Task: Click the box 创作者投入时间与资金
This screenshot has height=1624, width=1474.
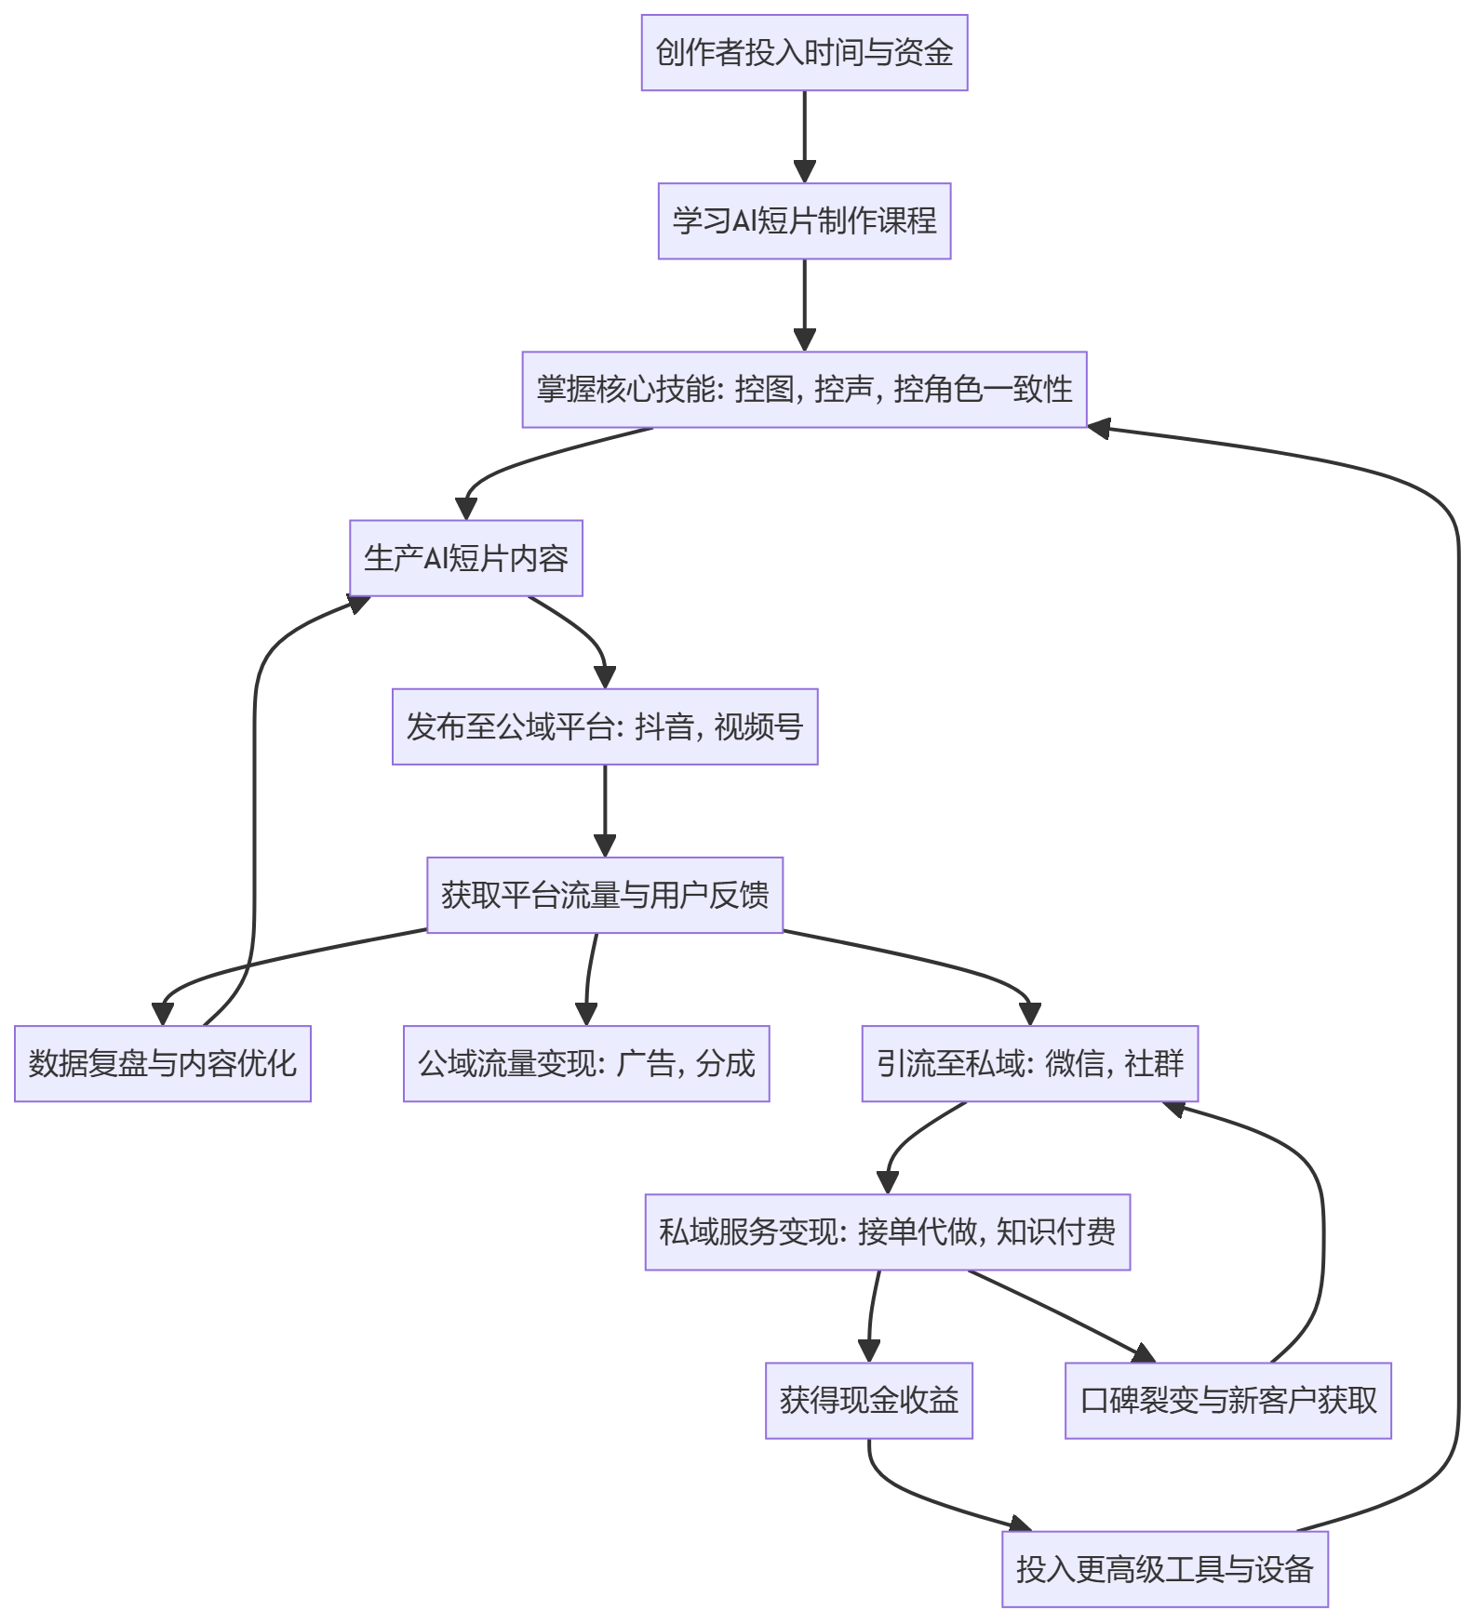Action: pos(804,52)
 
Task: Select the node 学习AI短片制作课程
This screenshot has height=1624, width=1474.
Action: pos(804,220)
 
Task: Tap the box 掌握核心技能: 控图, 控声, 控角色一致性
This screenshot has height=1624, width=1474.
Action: pos(804,389)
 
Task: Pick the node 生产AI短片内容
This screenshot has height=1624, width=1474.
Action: pos(466,558)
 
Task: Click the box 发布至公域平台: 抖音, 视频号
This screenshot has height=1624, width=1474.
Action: pos(605,726)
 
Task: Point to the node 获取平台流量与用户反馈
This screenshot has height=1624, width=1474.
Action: pos(605,895)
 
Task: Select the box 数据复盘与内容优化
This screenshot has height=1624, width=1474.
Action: pos(163,1063)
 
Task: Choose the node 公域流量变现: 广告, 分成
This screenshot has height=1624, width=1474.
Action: pos(586,1063)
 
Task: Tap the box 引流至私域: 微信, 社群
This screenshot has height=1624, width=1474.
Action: pos(1030,1063)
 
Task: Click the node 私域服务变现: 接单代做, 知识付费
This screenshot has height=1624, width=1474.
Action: pos(888,1231)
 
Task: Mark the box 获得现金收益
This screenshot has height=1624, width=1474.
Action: pos(869,1400)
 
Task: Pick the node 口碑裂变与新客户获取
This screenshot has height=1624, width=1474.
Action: pos(1228,1400)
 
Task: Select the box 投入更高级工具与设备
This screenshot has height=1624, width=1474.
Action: pos(1165,1569)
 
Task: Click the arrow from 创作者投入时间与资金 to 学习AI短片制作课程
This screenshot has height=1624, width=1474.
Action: pos(805,137)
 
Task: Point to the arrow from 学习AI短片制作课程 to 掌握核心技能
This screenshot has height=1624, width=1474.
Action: pos(805,305)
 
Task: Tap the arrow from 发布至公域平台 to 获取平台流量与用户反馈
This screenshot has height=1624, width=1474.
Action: pos(605,811)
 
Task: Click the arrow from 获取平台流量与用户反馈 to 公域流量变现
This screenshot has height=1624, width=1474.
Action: pos(589,979)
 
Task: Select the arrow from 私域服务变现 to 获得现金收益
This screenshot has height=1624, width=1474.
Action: pos(872,1316)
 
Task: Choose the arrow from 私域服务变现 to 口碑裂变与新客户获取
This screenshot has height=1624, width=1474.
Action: pos(1062,1315)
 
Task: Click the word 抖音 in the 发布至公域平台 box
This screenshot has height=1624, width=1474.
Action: pos(664,726)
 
